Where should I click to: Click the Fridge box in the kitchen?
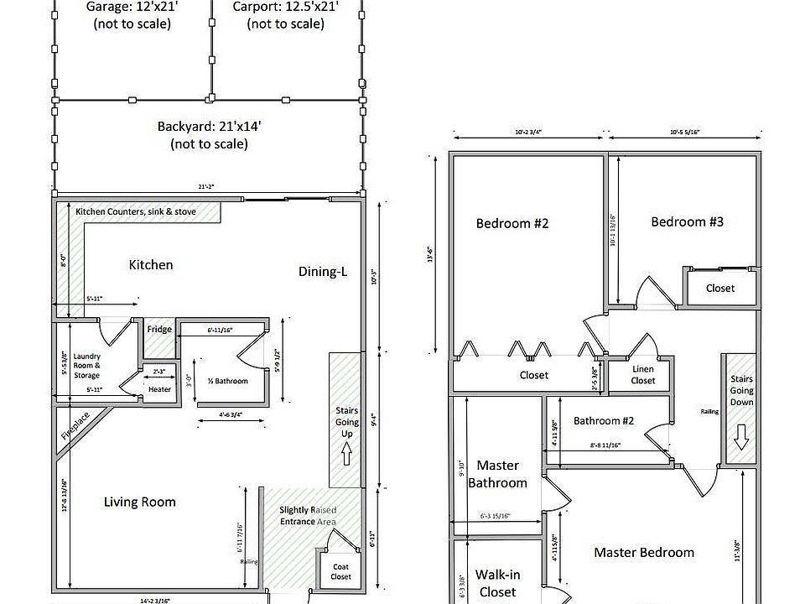click(x=159, y=330)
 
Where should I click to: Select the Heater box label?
click(x=159, y=389)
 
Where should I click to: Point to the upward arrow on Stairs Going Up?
click(x=347, y=454)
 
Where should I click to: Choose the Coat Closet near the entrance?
click(x=340, y=571)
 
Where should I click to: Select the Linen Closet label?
click(x=643, y=375)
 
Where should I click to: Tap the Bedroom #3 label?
click(x=687, y=221)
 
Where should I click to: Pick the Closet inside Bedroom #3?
click(x=719, y=288)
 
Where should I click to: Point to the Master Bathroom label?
click(x=497, y=474)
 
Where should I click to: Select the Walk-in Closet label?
click(x=496, y=583)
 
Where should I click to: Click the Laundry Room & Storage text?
click(x=86, y=365)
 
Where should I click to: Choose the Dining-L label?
click(x=323, y=272)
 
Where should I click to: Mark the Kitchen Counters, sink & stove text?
click(x=136, y=211)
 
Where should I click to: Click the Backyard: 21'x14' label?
click(x=209, y=135)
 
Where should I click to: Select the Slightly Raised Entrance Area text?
click(x=308, y=515)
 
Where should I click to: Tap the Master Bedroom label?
click(x=644, y=552)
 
